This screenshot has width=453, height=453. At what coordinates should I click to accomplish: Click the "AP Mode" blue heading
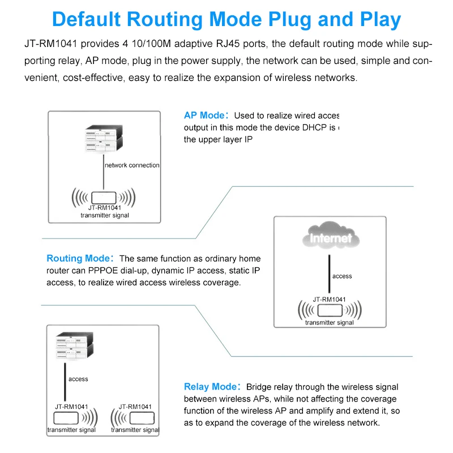pyautogui.click(x=204, y=116)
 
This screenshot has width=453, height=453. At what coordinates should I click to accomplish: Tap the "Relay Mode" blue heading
pyautogui.click(x=209, y=387)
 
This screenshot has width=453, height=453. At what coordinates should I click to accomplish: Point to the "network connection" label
pyautogui.click(x=132, y=165)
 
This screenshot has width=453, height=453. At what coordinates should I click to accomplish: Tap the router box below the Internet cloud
pyautogui.click(x=329, y=310)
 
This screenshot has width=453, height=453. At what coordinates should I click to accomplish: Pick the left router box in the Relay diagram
pyautogui.click(x=66, y=418)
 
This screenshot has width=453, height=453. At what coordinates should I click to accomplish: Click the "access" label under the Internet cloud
pyautogui.click(x=342, y=276)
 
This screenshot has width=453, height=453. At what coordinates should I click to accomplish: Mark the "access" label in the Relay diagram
pyautogui.click(x=78, y=379)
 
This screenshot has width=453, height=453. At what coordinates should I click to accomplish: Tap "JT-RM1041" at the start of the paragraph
pyautogui.click(x=50, y=44)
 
